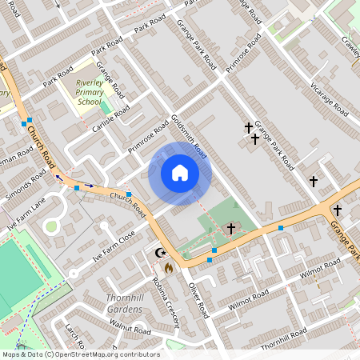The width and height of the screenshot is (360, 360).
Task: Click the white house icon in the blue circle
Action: coord(180,173)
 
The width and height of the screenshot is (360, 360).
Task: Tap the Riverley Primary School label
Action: coord(89,92)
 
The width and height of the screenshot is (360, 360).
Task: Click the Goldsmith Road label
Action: coord(189,136)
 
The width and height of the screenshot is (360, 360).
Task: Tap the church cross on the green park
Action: coord(231,229)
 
